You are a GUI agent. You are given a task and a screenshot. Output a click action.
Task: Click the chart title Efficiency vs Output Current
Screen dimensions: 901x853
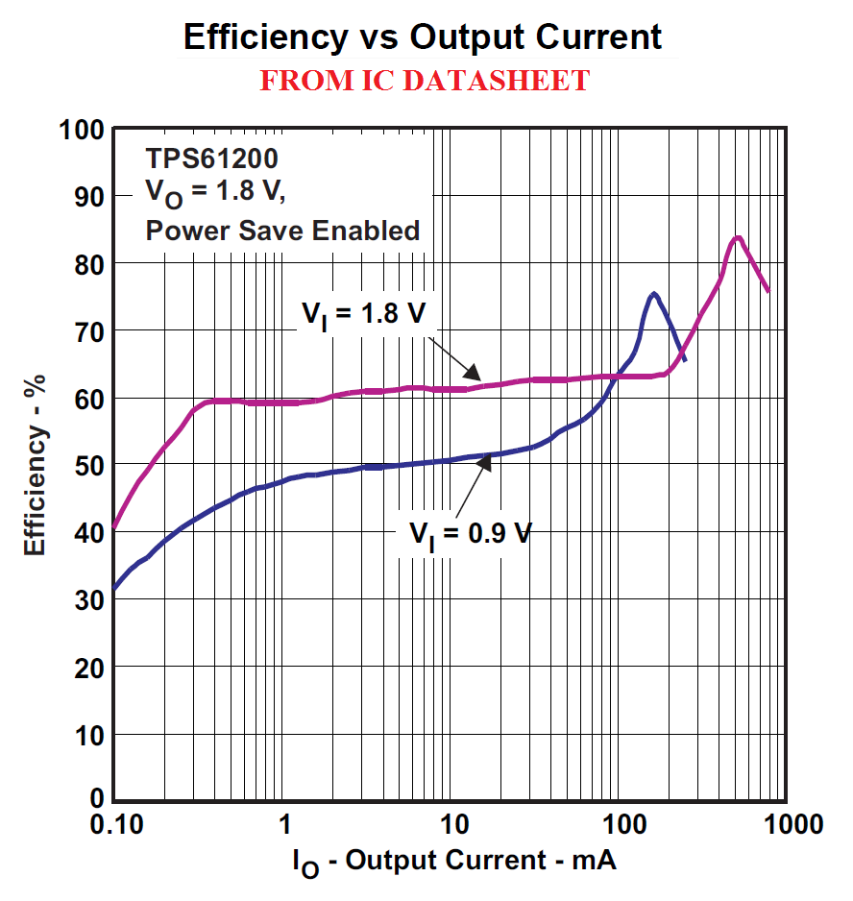(x=423, y=37)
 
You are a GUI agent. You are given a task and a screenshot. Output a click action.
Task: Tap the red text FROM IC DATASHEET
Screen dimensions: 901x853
(x=425, y=81)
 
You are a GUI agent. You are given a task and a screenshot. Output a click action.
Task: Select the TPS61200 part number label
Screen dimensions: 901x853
(x=211, y=157)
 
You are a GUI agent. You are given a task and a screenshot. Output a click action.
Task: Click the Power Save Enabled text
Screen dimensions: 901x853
(x=282, y=231)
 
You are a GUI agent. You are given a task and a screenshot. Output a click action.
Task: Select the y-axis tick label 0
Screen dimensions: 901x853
(x=96, y=797)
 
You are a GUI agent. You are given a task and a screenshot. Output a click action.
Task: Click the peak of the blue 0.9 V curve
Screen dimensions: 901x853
(x=653, y=294)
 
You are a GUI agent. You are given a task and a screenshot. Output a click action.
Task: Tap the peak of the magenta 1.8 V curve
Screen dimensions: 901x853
(x=738, y=237)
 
